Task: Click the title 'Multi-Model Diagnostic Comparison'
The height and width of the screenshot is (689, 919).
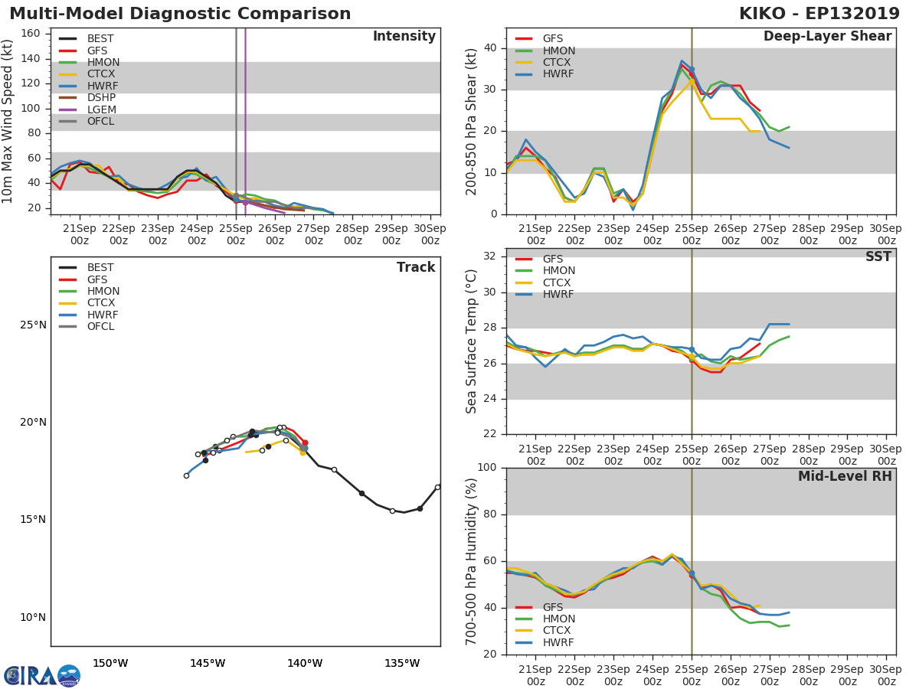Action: tap(180, 14)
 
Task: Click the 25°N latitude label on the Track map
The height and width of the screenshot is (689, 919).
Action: tap(33, 325)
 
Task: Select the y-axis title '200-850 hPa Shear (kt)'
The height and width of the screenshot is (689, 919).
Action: tap(472, 121)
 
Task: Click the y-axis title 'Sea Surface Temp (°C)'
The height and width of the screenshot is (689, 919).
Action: tap(472, 341)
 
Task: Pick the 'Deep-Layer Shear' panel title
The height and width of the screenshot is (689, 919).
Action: tap(827, 37)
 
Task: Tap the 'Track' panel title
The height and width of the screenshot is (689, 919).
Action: tap(416, 267)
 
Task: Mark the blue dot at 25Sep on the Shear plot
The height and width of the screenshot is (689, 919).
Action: tap(692, 70)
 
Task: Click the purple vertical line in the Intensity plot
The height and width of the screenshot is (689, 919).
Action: tap(245, 115)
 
